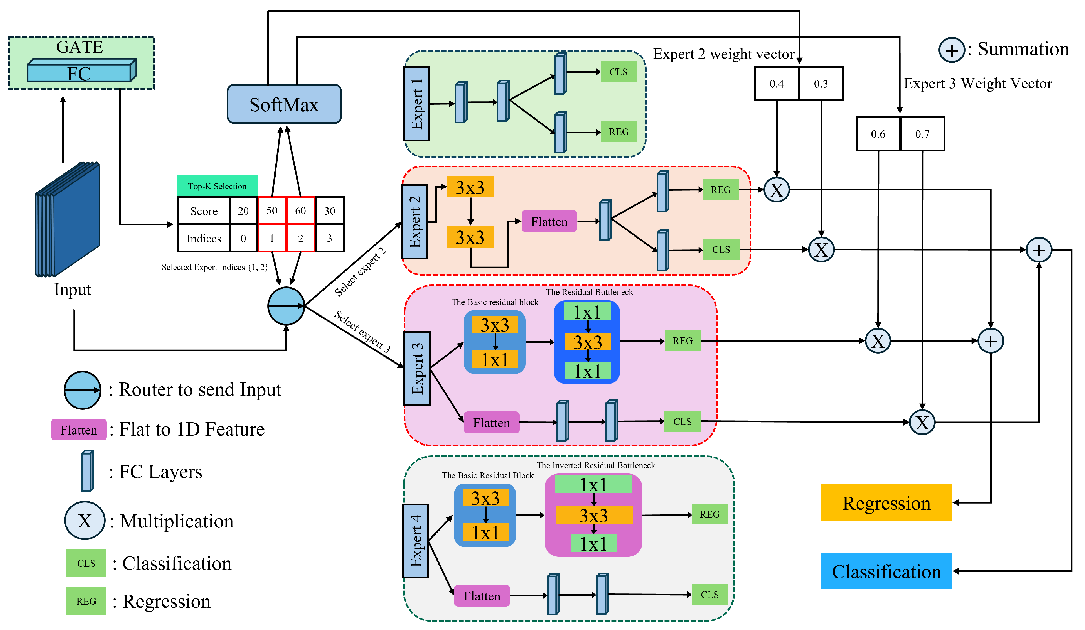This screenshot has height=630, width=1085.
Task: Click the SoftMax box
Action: pos(284,104)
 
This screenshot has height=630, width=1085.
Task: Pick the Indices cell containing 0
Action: pos(243,238)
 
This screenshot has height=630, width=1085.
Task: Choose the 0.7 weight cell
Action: pos(922,134)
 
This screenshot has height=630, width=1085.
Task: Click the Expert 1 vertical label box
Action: pos(416,104)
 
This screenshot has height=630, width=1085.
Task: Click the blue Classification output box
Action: pos(886,571)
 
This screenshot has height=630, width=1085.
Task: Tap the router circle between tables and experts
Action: pos(286,306)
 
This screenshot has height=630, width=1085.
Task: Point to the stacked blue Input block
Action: pos(68,219)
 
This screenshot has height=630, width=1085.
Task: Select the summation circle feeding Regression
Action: pos(990,341)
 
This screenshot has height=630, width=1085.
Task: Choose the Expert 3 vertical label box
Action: pos(417,368)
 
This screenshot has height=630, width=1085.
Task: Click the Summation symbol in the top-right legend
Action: pos(951,50)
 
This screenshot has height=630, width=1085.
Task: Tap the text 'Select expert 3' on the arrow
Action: pos(362,331)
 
